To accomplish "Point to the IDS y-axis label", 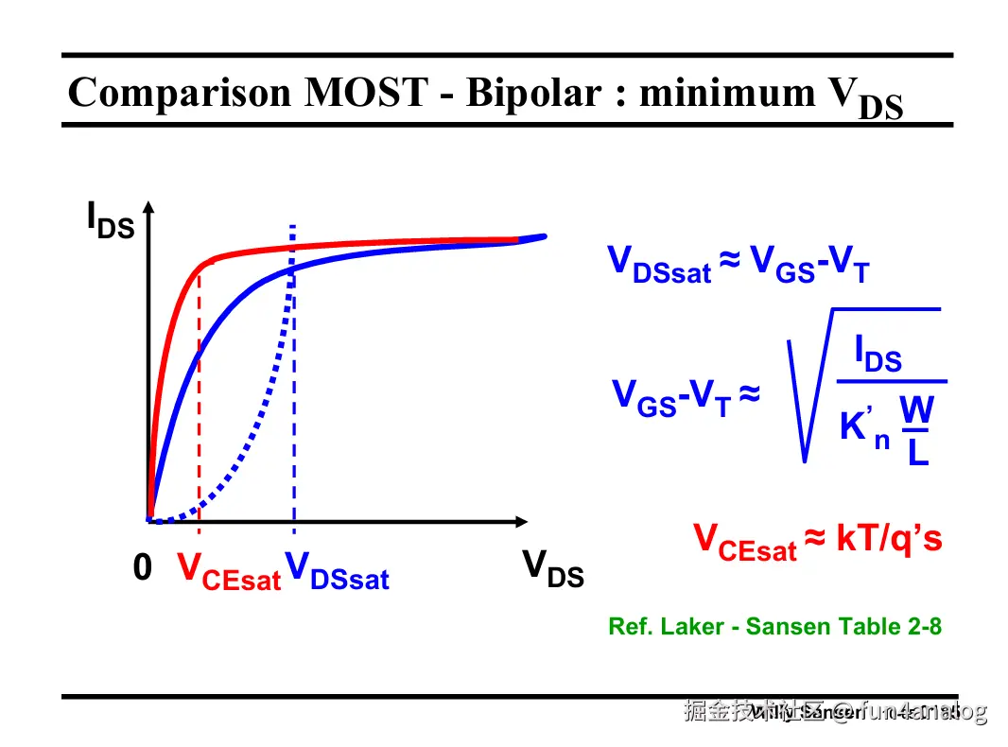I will coord(110,220).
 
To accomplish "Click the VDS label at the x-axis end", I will coord(553,569).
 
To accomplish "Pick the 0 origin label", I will coord(142,568).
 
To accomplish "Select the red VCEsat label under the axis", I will coord(229,571).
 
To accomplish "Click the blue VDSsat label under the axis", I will coord(337,571).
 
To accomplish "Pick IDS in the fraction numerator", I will coord(878,355).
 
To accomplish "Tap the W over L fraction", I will coord(916,430).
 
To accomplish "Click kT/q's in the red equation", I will coord(889,539).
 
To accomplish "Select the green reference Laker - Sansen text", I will coord(774,626).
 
